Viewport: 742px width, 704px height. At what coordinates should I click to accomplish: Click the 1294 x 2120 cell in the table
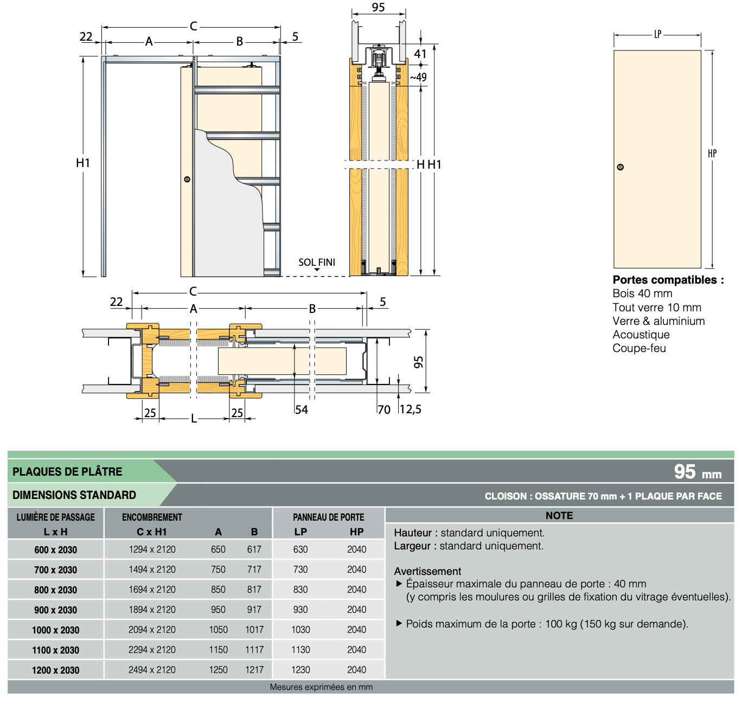(x=152, y=549)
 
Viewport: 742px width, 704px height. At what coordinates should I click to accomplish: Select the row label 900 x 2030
(x=55, y=610)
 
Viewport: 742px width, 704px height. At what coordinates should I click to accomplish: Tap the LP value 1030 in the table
(x=300, y=630)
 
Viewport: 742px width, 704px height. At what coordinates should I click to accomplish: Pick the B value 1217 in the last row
(x=254, y=670)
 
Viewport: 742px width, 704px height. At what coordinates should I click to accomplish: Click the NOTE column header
(x=559, y=516)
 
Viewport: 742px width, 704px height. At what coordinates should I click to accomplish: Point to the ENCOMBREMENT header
(x=152, y=517)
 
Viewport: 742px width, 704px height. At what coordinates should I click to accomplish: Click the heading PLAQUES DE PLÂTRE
(x=67, y=471)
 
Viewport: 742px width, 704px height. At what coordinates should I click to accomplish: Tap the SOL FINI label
(x=317, y=263)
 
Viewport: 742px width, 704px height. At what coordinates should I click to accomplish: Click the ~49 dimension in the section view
(x=419, y=77)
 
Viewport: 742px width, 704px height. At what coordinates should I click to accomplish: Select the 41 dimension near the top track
(x=420, y=54)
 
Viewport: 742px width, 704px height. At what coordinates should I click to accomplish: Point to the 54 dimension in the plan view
(x=301, y=409)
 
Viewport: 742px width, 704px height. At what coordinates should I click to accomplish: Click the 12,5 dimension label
(x=411, y=409)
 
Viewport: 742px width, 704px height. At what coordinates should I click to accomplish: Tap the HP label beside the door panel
(x=712, y=153)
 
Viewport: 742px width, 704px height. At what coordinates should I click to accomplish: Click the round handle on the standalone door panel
(x=620, y=167)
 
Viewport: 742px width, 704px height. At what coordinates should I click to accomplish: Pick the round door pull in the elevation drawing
(x=187, y=180)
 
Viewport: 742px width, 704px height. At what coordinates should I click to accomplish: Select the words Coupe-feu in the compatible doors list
(x=639, y=348)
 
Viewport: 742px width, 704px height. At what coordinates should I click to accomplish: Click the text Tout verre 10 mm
(x=657, y=308)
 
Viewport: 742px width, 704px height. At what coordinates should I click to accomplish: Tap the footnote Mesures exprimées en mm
(x=321, y=687)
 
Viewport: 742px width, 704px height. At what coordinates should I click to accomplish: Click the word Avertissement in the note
(x=427, y=571)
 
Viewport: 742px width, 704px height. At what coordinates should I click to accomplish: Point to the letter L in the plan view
(x=194, y=418)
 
